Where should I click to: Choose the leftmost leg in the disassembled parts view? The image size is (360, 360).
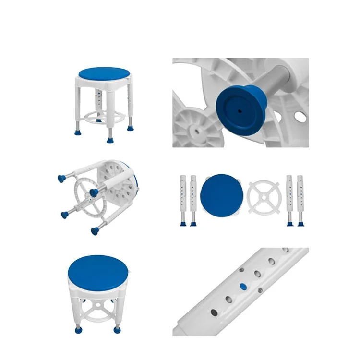pos(183,199)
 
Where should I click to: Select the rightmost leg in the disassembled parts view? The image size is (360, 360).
pos(300,199)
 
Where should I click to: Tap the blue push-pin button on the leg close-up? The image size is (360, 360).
pos(242,287)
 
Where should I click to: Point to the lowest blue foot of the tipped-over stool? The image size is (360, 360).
pos(94,231)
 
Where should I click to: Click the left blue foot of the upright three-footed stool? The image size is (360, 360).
pos(77,128)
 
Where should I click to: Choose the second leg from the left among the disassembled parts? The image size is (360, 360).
pos(193,199)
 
